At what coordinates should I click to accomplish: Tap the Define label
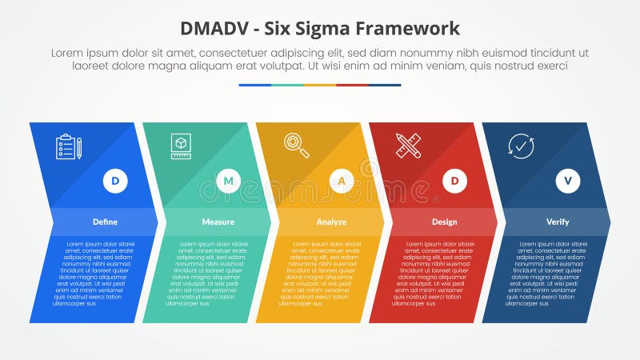[x=105, y=222]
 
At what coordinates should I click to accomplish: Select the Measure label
[x=218, y=222]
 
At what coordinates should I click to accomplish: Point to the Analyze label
[x=331, y=222]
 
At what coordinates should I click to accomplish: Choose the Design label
[x=444, y=222]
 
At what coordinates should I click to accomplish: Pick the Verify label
[x=558, y=222]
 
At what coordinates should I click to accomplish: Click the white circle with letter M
[x=228, y=182]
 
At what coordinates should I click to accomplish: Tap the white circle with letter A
[x=342, y=182]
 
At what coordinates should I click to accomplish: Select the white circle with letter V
[x=568, y=182]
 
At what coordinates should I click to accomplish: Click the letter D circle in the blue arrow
[x=115, y=182]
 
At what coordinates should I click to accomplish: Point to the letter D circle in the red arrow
[x=454, y=182]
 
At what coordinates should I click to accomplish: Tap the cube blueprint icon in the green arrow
[x=181, y=146]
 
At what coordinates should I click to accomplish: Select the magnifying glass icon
[x=296, y=145]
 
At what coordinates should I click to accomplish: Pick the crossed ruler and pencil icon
[x=408, y=146]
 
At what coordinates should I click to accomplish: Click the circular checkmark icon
[x=521, y=146]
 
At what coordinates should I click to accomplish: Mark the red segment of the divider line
[x=352, y=85]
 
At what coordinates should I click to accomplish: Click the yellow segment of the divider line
[x=320, y=85]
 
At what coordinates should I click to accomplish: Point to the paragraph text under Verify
[x=546, y=273]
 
